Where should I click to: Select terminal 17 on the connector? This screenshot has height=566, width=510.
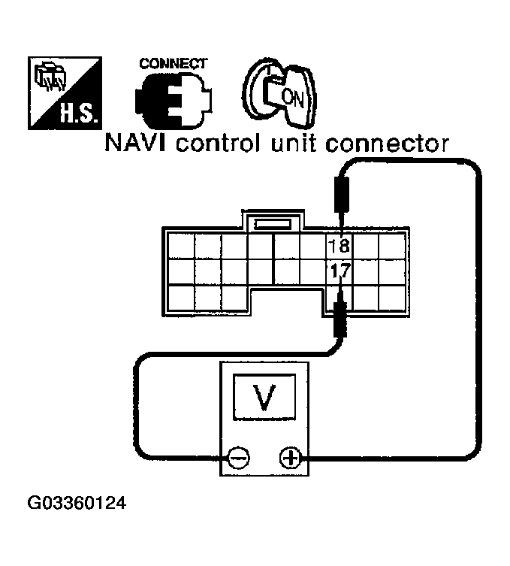339,271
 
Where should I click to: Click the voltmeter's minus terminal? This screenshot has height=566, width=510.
239,457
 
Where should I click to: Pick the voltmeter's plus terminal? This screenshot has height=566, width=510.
290,457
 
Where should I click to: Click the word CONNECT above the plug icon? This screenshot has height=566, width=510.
173,64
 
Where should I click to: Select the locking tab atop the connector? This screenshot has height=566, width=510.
273,222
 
